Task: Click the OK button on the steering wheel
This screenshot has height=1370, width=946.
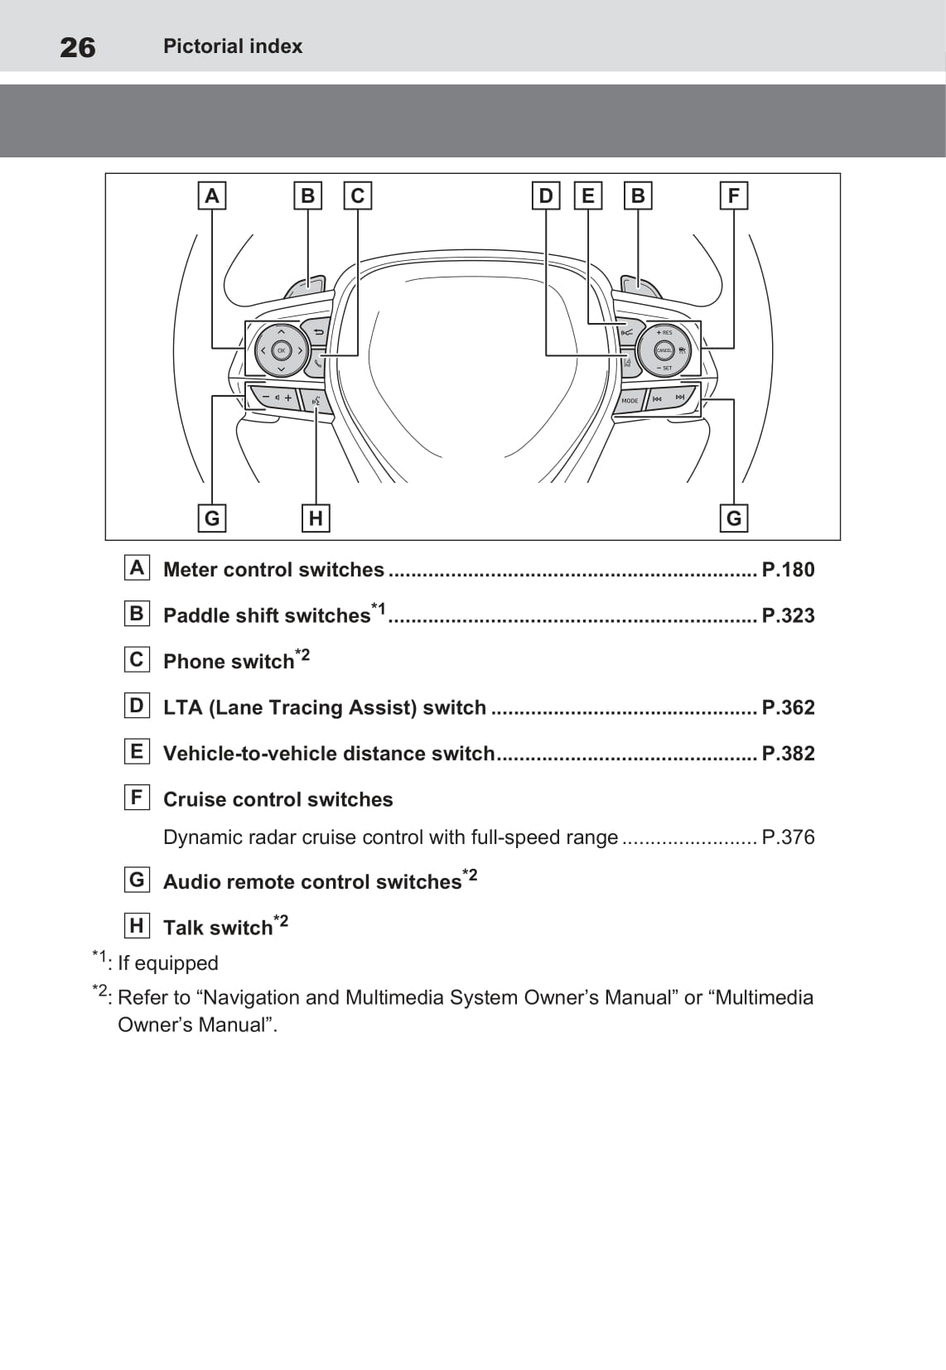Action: (x=281, y=350)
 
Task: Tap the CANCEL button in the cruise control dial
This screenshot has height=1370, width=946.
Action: (x=664, y=350)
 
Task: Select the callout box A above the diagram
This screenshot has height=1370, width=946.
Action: (x=212, y=196)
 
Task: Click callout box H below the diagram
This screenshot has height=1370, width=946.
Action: (x=316, y=519)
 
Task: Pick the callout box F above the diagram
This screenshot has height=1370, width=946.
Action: (x=733, y=196)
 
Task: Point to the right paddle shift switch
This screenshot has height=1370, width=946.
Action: (x=640, y=287)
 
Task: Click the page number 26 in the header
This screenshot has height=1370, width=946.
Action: (x=77, y=47)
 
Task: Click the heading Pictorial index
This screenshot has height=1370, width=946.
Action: (x=233, y=46)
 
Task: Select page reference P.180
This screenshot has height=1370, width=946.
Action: (x=788, y=570)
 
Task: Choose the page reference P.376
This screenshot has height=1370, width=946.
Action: (x=788, y=837)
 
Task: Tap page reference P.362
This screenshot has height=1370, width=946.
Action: (x=788, y=707)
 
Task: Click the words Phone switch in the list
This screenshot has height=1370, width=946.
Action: (x=229, y=662)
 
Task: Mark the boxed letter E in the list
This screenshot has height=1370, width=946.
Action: (x=137, y=752)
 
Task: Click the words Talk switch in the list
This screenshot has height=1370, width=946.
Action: (x=218, y=928)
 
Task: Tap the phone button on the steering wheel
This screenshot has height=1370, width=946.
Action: (x=318, y=363)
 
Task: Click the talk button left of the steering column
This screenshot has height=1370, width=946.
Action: (x=316, y=401)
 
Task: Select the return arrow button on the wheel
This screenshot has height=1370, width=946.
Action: (x=317, y=332)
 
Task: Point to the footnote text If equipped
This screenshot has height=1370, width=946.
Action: (x=168, y=963)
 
